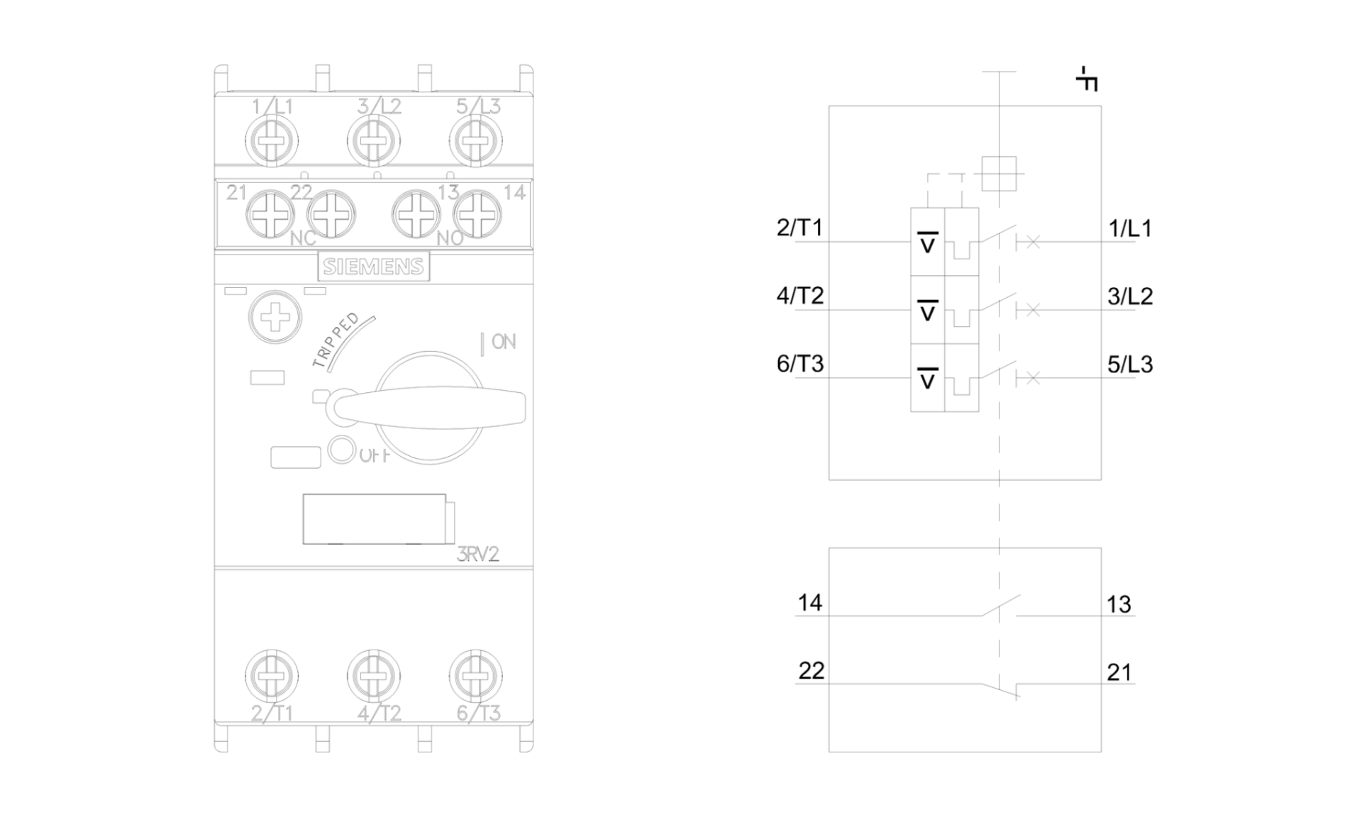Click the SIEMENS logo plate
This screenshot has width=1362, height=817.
(373, 267)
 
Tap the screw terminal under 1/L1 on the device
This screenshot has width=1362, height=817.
(272, 140)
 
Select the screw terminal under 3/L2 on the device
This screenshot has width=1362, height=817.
(373, 140)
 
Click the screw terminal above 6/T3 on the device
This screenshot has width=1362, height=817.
(475, 675)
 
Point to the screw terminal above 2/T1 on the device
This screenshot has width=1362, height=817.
(272, 675)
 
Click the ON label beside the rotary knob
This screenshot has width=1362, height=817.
(503, 342)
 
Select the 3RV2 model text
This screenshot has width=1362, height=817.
(477, 554)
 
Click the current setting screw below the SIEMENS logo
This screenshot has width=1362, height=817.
(275, 318)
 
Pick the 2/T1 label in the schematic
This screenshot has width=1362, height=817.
(799, 228)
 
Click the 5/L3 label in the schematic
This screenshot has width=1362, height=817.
(1130, 365)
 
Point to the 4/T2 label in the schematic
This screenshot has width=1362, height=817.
(800, 296)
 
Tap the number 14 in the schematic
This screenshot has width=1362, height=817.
(809, 603)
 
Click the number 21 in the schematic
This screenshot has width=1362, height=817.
(1119, 672)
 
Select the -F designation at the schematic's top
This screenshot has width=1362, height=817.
(1086, 79)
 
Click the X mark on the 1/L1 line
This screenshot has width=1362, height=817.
(1033, 243)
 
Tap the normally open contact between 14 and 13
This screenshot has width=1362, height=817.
(1000, 607)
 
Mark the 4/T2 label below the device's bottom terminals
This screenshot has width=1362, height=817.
(380, 713)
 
